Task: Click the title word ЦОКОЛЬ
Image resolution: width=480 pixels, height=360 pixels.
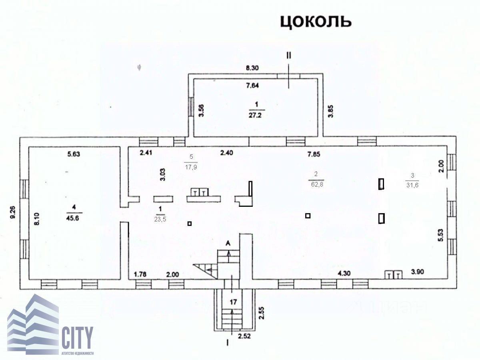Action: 316,22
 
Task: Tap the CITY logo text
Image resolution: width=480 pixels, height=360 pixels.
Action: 77,338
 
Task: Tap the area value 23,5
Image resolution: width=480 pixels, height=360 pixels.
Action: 160,219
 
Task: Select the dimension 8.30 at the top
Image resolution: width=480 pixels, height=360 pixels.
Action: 252,68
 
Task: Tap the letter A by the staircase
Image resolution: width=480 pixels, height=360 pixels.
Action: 228,243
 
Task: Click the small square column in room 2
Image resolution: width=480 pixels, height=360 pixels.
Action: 308,216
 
